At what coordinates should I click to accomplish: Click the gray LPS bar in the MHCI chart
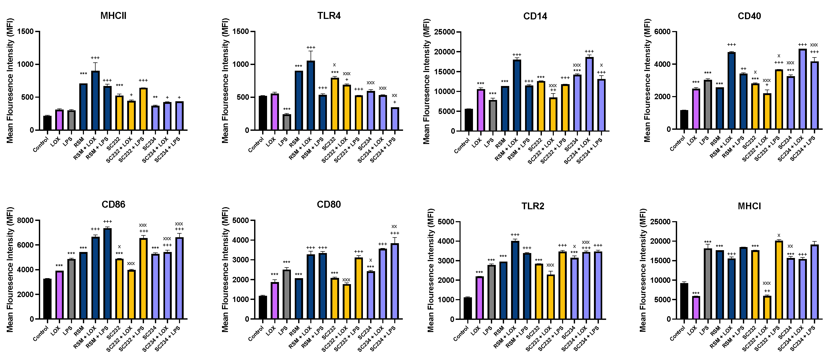708,284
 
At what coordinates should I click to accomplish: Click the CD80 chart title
328,204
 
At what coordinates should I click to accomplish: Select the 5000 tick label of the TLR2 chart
446,222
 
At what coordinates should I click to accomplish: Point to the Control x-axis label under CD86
41,334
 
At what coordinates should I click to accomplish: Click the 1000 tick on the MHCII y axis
26,64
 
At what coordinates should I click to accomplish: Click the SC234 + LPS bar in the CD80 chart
394,281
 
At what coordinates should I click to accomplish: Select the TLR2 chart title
533,206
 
